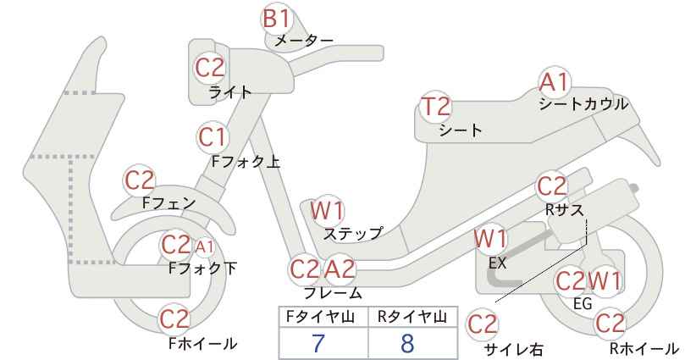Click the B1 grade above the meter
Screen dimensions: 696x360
pos(276,19)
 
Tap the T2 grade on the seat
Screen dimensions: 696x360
pos(436,107)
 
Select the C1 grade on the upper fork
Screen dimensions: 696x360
pos(213,137)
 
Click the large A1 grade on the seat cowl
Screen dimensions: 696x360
pos(554,82)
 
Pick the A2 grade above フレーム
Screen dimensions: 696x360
pos(340,269)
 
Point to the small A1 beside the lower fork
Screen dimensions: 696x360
pos(205,246)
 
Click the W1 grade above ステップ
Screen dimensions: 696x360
pos(327,211)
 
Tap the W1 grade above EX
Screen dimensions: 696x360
pos(490,239)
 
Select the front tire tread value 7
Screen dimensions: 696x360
pos(318,343)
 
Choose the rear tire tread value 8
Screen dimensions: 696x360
pos(407,343)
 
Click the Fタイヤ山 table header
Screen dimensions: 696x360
pos(320,317)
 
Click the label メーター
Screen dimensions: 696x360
pos(304,41)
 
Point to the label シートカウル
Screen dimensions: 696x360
pos(583,104)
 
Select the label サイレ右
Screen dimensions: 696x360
pos(514,349)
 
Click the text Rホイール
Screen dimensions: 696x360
pos(644,348)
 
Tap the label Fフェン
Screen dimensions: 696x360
pos(169,203)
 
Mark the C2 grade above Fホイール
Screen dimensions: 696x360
pos(174,318)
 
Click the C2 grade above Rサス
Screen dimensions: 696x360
pos(552,186)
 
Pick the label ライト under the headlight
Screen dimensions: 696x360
pos(230,92)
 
